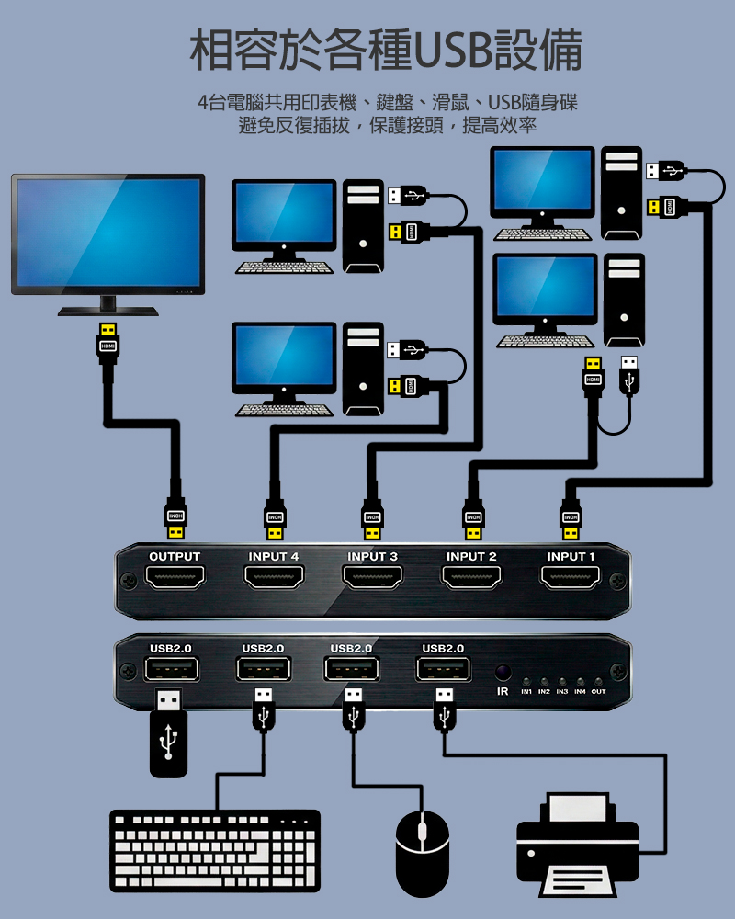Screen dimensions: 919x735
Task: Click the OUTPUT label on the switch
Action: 175,557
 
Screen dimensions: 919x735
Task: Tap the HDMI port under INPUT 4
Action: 273,577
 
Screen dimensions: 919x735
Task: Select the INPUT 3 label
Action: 372,557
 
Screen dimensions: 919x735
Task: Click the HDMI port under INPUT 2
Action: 471,577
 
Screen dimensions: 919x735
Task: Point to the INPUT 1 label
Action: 571,557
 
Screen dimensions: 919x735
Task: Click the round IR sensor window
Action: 503,672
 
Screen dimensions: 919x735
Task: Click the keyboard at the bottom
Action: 214,850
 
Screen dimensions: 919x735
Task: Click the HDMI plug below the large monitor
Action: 108,345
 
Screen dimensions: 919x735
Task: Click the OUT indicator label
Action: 598,690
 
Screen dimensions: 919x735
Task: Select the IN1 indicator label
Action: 526,690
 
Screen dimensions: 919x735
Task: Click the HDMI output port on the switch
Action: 174,577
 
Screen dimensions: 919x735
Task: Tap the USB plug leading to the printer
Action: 445,709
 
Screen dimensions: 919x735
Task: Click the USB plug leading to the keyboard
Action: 264,709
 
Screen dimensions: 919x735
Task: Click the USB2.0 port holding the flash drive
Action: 171,670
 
